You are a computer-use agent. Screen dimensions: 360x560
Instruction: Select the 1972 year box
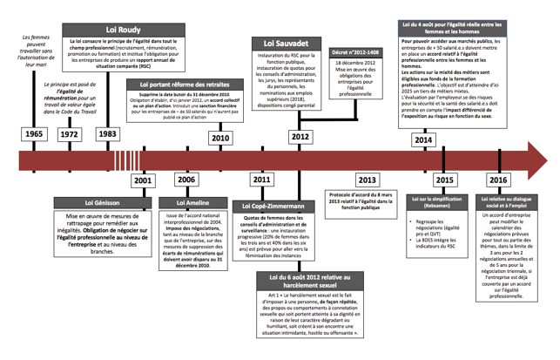click(x=70, y=134)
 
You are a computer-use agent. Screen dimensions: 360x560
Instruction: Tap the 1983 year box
click(x=107, y=134)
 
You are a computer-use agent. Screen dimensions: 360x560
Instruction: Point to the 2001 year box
click(x=142, y=180)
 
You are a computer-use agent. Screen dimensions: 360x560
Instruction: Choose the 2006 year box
click(x=186, y=180)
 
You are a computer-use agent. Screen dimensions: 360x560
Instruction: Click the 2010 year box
click(x=220, y=138)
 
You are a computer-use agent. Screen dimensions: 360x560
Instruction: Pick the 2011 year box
click(x=260, y=180)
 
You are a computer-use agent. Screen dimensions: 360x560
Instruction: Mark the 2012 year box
click(x=300, y=138)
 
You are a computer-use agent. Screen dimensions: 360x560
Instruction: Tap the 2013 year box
click(x=367, y=180)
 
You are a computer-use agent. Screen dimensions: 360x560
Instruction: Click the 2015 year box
click(x=444, y=180)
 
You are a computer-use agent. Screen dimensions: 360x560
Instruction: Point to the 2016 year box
click(x=498, y=180)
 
